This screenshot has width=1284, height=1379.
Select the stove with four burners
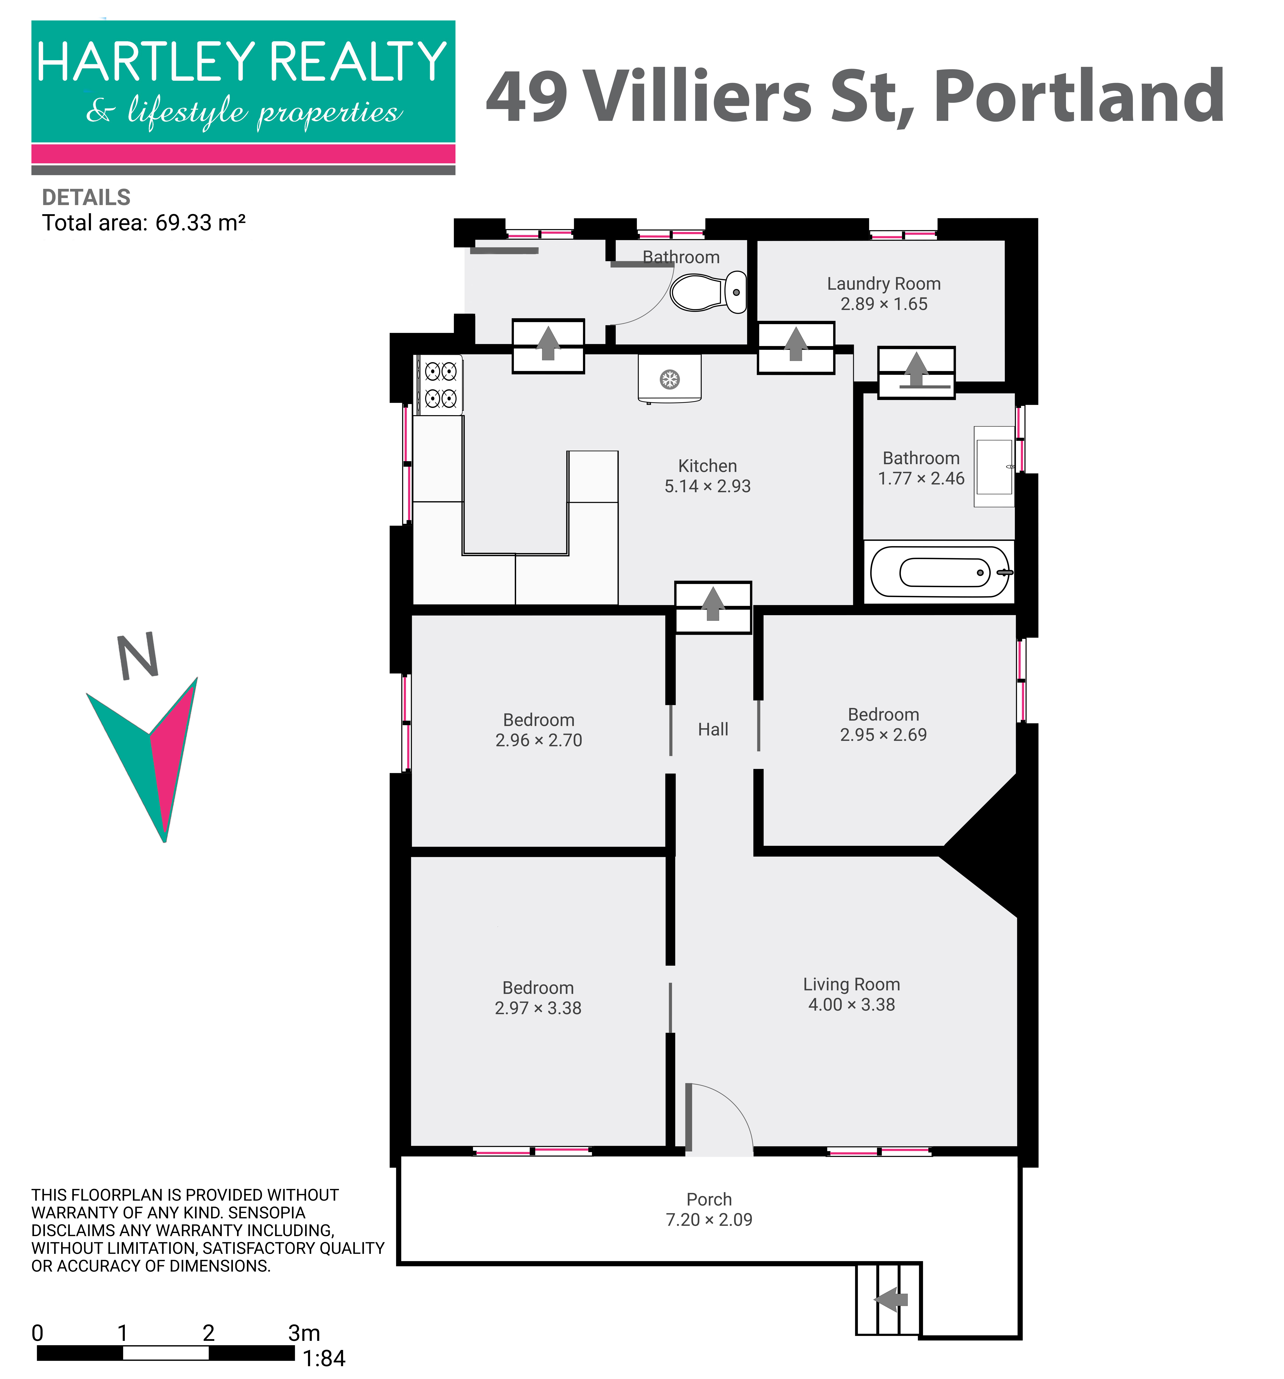440,385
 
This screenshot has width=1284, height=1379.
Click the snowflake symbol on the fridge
669,379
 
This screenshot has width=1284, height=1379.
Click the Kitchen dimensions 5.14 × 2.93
708,486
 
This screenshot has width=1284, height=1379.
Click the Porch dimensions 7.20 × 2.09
709,1219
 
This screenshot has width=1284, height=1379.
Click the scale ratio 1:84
324,1358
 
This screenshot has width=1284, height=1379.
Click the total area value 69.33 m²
200,223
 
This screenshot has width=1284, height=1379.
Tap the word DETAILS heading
86,198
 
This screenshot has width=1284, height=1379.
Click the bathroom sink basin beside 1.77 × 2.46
994,467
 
